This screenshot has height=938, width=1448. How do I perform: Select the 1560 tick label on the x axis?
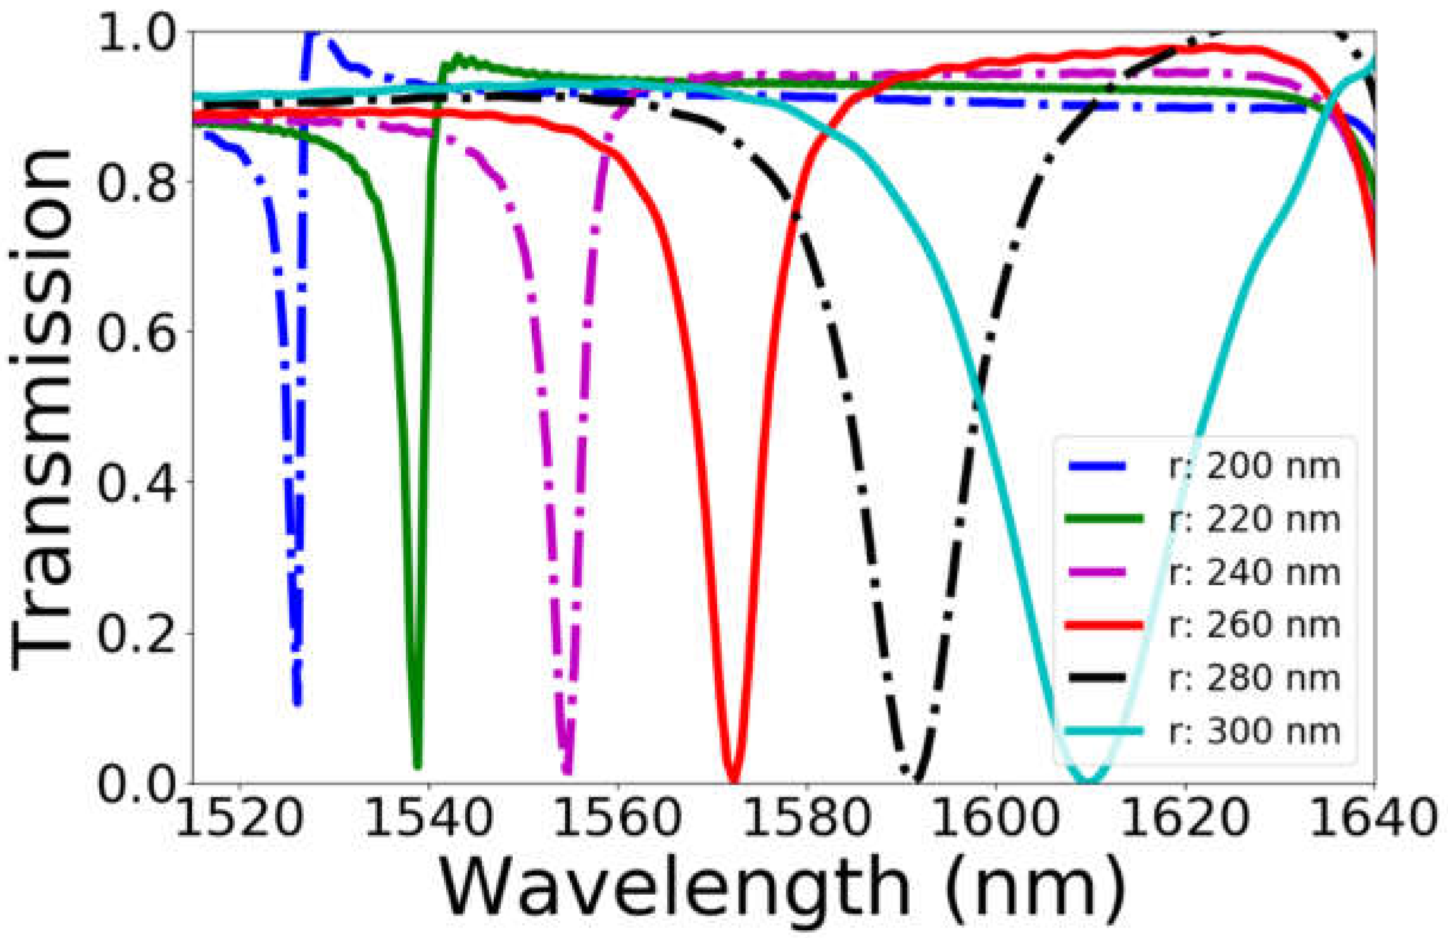coord(618,818)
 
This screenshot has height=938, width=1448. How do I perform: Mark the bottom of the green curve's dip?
coord(417,766)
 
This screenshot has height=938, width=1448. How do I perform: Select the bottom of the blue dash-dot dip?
coord(297,703)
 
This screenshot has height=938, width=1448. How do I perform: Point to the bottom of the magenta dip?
coord(567,771)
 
